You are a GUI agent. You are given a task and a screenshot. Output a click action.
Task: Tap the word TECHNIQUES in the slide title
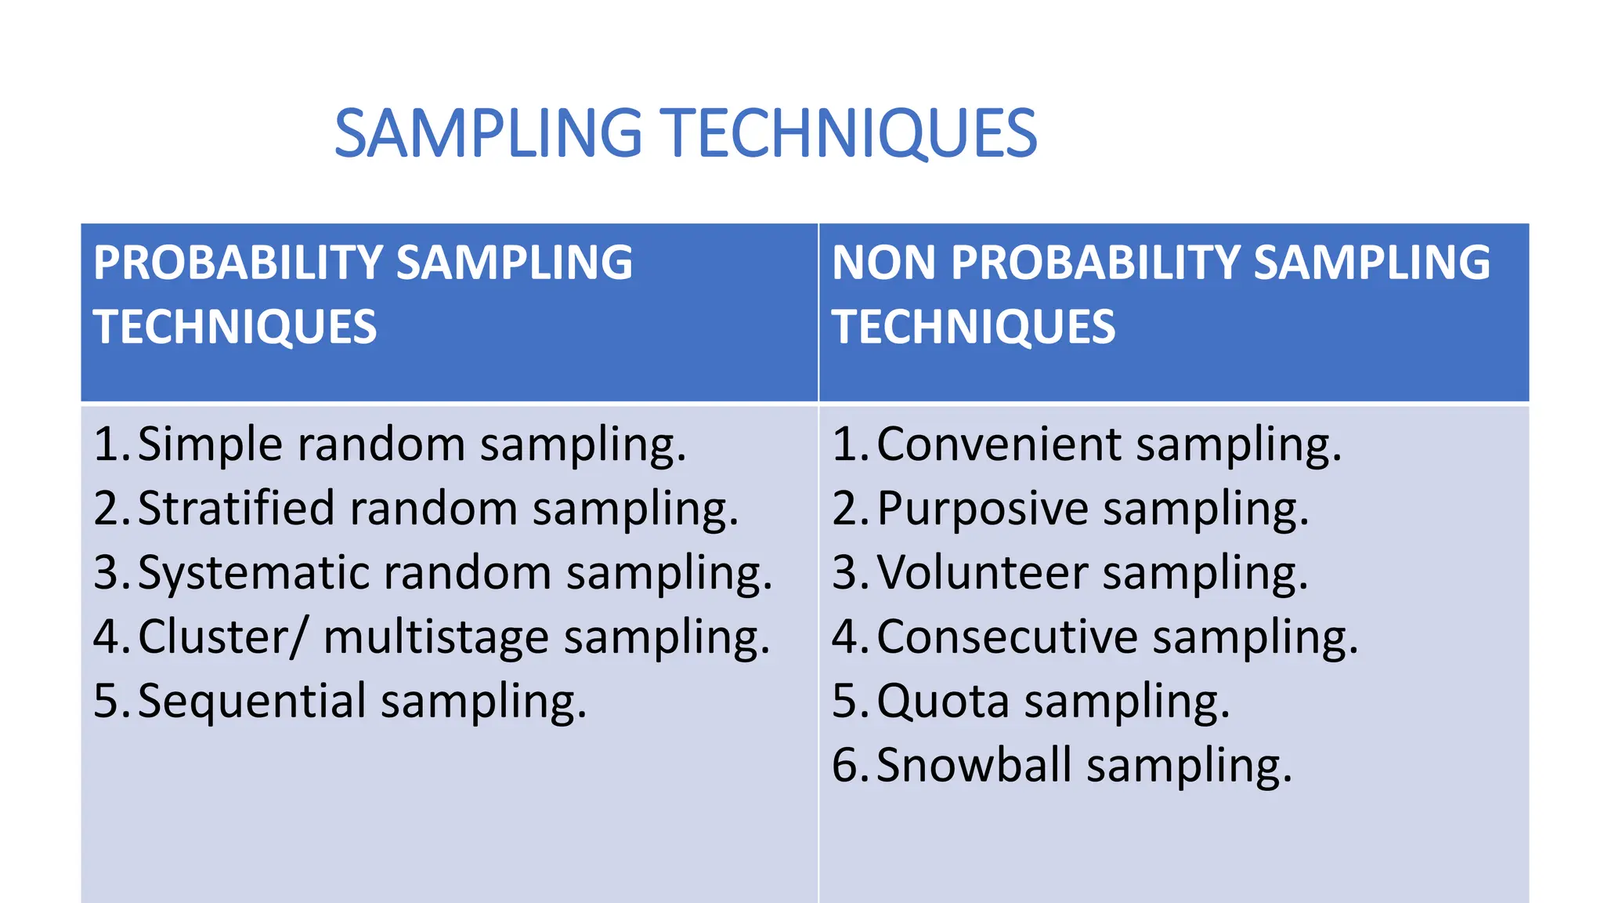point(853,133)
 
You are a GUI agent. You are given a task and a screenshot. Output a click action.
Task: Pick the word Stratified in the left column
point(237,509)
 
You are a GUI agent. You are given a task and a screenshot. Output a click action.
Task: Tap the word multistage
point(435,636)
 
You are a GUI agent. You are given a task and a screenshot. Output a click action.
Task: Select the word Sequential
point(252,701)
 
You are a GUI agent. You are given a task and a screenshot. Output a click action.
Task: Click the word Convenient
point(999,444)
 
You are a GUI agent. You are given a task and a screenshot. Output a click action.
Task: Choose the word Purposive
point(983,509)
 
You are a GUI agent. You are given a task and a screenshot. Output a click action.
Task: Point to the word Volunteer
point(982,573)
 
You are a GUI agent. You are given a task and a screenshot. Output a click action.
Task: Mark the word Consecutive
point(1007,636)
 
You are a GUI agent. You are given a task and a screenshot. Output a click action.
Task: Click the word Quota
point(943,701)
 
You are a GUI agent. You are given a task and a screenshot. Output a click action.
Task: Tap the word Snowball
point(974,765)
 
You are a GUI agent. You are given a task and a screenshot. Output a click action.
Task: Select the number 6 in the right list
point(846,765)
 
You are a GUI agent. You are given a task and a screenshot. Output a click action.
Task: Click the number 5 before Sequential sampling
point(107,701)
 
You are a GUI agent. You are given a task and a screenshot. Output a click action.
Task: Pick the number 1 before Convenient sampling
point(846,444)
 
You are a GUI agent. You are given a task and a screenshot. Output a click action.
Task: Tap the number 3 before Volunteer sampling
point(846,573)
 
